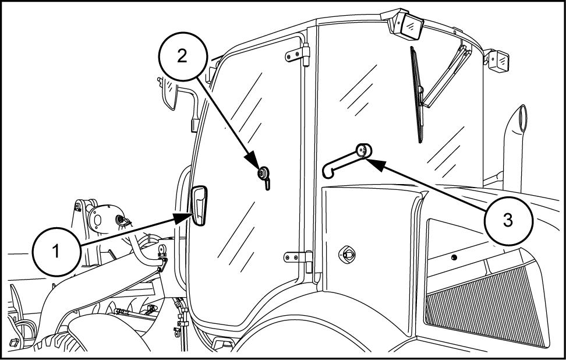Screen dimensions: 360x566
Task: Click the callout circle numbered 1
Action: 56,252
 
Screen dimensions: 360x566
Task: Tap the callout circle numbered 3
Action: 508,221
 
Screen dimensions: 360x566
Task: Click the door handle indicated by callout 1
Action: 199,206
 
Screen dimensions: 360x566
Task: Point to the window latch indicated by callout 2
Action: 263,174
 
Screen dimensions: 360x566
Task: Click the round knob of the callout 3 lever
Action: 363,150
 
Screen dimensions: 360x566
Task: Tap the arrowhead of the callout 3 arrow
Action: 373,162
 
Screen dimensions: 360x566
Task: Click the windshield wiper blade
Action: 417,93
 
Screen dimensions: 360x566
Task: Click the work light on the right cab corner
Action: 500,60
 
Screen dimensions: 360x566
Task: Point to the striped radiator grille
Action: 489,303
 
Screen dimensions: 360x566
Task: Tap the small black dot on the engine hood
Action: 454,257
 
